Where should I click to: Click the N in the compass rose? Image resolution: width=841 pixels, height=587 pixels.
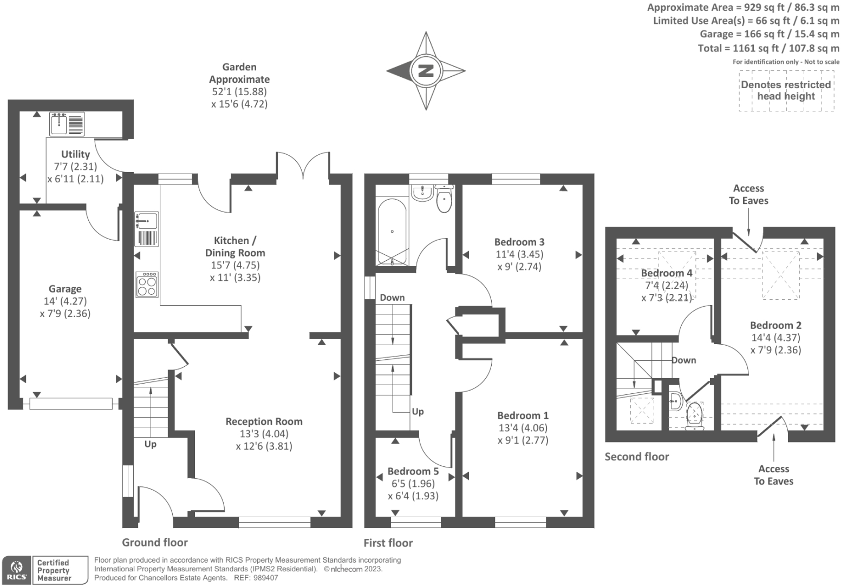426,70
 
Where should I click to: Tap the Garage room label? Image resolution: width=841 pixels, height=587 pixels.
65,289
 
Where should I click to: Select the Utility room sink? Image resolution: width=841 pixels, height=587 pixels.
67,124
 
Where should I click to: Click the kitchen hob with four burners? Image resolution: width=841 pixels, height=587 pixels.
147,285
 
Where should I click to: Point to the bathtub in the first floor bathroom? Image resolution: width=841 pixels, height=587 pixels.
392,232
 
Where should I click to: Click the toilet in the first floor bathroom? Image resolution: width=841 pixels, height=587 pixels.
444,198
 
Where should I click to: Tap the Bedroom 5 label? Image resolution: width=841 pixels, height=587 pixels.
413,471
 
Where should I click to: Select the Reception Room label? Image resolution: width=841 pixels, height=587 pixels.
264,421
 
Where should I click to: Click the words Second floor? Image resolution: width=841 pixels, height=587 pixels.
637,457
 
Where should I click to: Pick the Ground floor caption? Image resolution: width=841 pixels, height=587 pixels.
155,542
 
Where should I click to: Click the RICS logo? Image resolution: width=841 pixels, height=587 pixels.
17,570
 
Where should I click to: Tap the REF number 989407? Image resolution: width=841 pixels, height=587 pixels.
265,578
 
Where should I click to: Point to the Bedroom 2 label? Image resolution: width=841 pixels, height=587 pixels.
775,325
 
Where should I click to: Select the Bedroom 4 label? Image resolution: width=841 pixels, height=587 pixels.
667,273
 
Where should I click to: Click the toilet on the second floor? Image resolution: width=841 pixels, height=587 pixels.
695,417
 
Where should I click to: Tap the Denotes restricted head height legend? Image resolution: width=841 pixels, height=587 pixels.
786,90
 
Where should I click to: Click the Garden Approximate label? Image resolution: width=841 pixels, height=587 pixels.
239,73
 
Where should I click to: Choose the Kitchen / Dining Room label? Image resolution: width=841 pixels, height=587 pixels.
235,246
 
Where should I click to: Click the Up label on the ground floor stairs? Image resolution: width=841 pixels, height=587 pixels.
150,444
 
